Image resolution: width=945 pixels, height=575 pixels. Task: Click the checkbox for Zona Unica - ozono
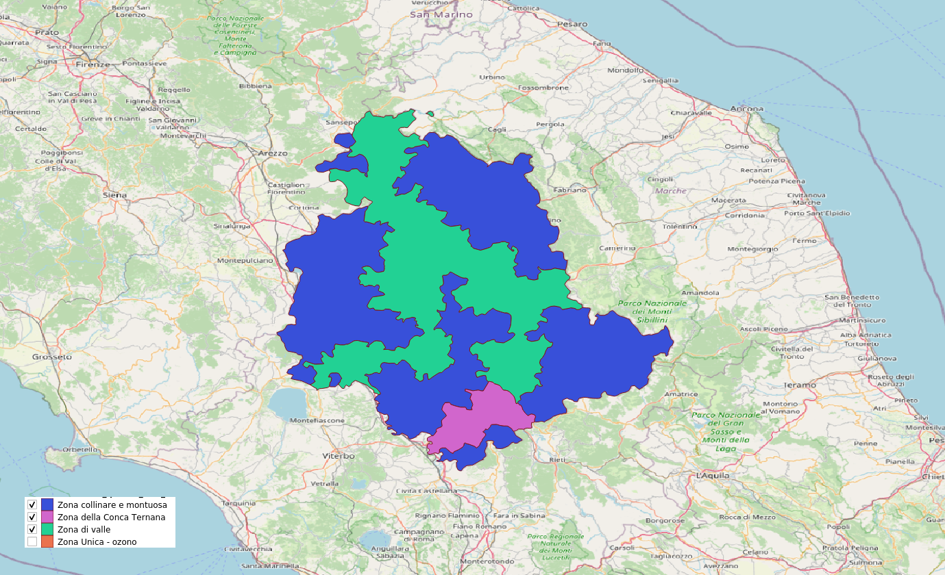click(x=32, y=542)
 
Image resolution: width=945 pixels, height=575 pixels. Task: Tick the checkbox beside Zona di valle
click(x=32, y=530)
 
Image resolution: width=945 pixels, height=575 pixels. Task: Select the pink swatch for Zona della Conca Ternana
click(x=48, y=517)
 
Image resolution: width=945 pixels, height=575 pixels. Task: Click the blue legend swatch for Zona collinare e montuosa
click(x=48, y=505)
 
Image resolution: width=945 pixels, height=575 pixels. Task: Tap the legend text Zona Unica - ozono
click(x=97, y=542)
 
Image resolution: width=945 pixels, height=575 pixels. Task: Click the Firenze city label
click(x=93, y=64)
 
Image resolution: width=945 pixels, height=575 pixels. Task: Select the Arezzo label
click(x=273, y=153)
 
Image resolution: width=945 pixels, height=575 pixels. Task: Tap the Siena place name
click(x=114, y=195)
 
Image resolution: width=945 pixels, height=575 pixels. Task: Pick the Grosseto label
click(x=52, y=357)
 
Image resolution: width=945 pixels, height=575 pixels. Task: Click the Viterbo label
click(x=339, y=455)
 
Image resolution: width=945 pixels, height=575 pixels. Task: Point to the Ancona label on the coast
click(x=746, y=108)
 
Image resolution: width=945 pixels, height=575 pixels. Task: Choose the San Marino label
click(x=441, y=14)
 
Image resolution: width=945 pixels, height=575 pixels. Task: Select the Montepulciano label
click(x=245, y=261)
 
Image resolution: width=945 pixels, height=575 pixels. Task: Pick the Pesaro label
click(x=572, y=24)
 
